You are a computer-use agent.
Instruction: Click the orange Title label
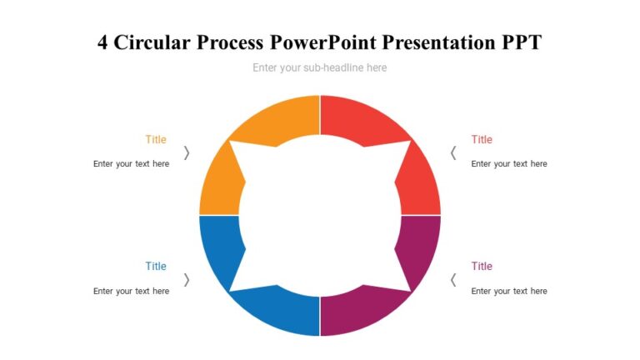click(156, 139)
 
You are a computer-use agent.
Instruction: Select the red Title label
click(482, 139)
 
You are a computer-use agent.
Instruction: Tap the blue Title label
click(156, 266)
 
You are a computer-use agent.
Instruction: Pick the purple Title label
click(482, 266)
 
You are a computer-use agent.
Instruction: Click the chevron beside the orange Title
click(187, 152)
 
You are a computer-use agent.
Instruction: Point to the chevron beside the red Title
click(453, 152)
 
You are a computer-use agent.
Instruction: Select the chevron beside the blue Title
click(187, 280)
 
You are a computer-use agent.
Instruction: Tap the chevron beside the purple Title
click(453, 280)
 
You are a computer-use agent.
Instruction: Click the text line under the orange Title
click(131, 164)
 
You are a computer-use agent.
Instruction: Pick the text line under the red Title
click(509, 164)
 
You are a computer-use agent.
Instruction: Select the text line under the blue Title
click(131, 291)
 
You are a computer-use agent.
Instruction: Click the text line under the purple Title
click(509, 291)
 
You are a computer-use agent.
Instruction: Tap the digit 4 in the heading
click(103, 42)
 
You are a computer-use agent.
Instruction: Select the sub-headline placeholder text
click(320, 67)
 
